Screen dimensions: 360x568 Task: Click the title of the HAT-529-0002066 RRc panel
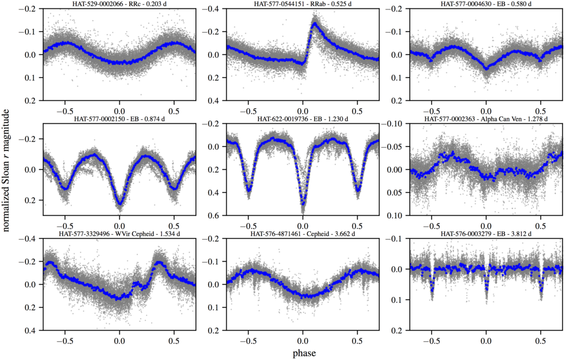tap(119, 4)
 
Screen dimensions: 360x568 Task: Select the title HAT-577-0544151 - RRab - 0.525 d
tap(302, 4)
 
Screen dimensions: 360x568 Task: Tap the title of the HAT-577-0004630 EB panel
tap(486, 4)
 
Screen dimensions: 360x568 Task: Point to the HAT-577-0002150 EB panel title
tap(119, 119)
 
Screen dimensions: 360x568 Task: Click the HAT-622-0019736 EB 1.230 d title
tap(302, 119)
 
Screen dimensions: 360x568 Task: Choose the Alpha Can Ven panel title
tap(486, 119)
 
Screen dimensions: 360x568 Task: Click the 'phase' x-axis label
tap(303, 352)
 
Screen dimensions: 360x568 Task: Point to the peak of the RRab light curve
tap(315, 24)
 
